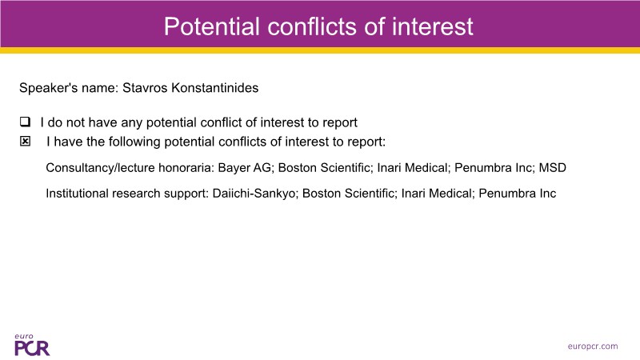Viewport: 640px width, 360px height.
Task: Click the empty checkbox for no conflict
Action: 25,122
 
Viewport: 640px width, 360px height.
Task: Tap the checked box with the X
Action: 25,142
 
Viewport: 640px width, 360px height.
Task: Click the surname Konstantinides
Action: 214,88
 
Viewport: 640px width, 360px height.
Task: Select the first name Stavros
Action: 145,88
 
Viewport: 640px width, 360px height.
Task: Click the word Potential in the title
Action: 212,26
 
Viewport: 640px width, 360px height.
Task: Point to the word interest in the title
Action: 433,26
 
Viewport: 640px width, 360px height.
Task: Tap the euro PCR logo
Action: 32,345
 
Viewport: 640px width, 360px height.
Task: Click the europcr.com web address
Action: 593,346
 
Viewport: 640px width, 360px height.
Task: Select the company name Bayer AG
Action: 245,168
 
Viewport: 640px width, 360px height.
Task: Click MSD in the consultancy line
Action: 553,168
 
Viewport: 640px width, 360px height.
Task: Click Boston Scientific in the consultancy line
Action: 325,168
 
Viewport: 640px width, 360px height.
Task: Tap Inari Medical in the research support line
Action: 437,194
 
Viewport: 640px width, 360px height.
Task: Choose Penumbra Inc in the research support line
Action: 517,194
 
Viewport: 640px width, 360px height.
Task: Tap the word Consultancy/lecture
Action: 100,168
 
